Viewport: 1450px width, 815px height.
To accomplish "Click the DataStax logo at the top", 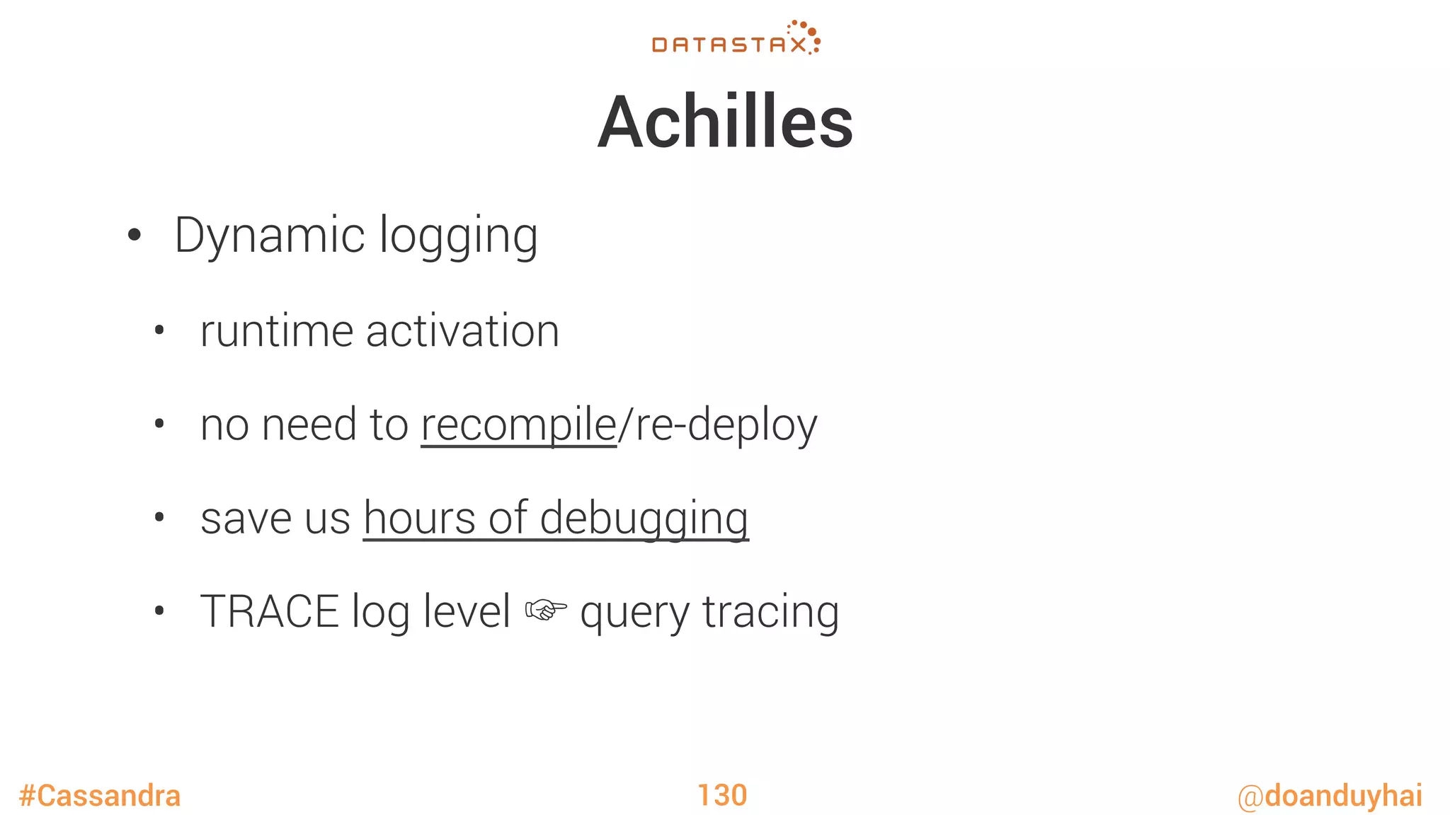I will [x=736, y=39].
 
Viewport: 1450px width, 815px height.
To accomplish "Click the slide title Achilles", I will [x=725, y=122].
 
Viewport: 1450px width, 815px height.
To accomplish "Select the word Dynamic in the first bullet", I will [x=270, y=236].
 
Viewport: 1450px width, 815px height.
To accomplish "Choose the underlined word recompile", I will [x=518, y=425].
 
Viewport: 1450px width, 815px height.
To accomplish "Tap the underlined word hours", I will [x=419, y=519].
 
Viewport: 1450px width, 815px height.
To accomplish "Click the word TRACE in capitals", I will [x=270, y=612].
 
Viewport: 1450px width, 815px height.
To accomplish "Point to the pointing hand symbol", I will [x=545, y=610].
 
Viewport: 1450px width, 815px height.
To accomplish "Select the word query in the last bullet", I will [x=634, y=613].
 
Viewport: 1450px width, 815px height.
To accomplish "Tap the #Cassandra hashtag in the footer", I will [x=100, y=796].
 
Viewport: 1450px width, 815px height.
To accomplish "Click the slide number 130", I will [x=722, y=795].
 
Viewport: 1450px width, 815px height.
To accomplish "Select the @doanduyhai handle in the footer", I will [x=1330, y=796].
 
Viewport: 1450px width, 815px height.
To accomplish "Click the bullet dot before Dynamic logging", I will [x=135, y=236].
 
